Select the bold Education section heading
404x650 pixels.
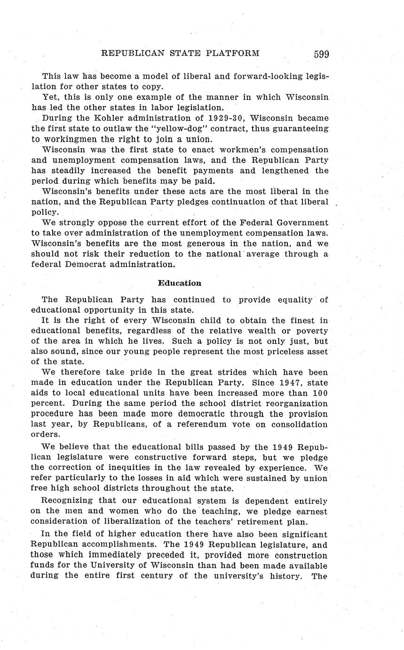click(x=179, y=283)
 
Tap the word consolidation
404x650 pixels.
click(x=298, y=424)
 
